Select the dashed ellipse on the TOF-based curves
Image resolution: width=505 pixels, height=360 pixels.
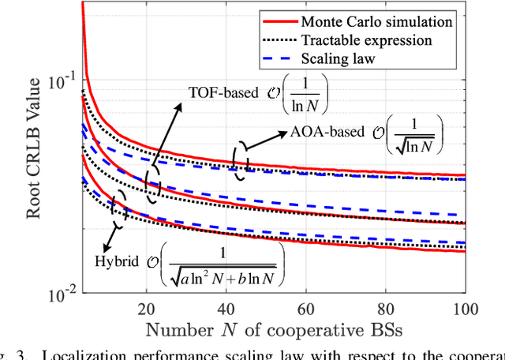[x=153, y=181]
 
